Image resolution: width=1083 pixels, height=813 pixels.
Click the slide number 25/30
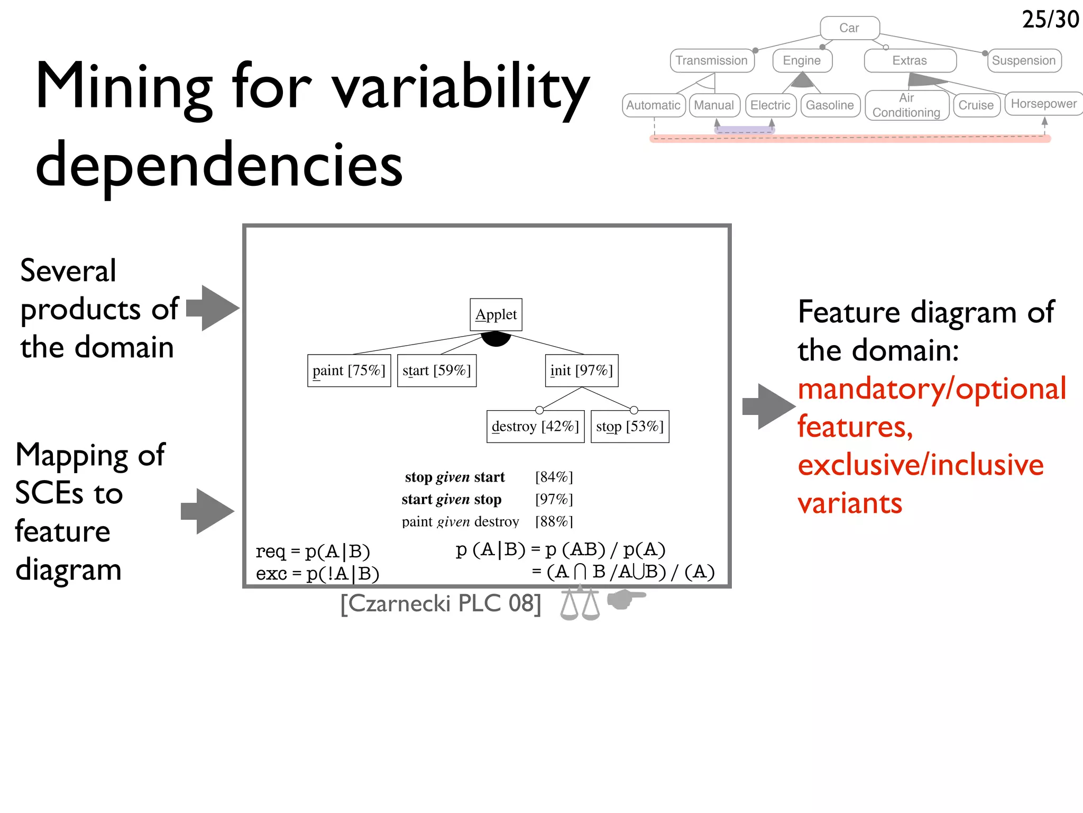pyautogui.click(x=1050, y=20)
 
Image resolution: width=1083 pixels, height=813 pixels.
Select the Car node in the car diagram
pyautogui.click(x=849, y=28)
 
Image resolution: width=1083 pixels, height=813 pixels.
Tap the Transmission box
pyautogui.click(x=712, y=60)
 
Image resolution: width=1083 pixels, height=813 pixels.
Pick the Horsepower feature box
pyautogui.click(x=1043, y=104)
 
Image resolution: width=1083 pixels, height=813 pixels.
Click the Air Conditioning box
pyautogui.click(x=906, y=105)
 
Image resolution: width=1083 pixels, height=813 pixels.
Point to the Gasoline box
pyautogui.click(x=830, y=105)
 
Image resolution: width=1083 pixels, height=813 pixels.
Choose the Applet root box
pyautogui.click(x=496, y=314)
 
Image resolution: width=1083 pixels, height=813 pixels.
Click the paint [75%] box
pyautogui.click(x=349, y=371)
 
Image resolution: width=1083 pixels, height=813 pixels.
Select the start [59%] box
pyautogui.click(x=437, y=371)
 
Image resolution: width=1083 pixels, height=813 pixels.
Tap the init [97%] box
pyautogui.click(x=581, y=371)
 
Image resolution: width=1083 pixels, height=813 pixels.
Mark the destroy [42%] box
pyautogui.click(x=535, y=427)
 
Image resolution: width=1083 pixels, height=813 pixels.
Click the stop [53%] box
pyautogui.click(x=630, y=427)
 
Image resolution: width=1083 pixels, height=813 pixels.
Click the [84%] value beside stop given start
pyautogui.click(x=554, y=477)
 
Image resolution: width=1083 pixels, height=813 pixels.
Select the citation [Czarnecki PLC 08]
pyautogui.click(x=441, y=603)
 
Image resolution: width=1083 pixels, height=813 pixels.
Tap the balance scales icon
pyautogui.click(x=580, y=603)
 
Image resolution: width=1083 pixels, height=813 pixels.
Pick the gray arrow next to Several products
pyautogui.click(x=213, y=308)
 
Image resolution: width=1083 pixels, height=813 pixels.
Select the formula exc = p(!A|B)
pyautogui.click(x=318, y=574)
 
